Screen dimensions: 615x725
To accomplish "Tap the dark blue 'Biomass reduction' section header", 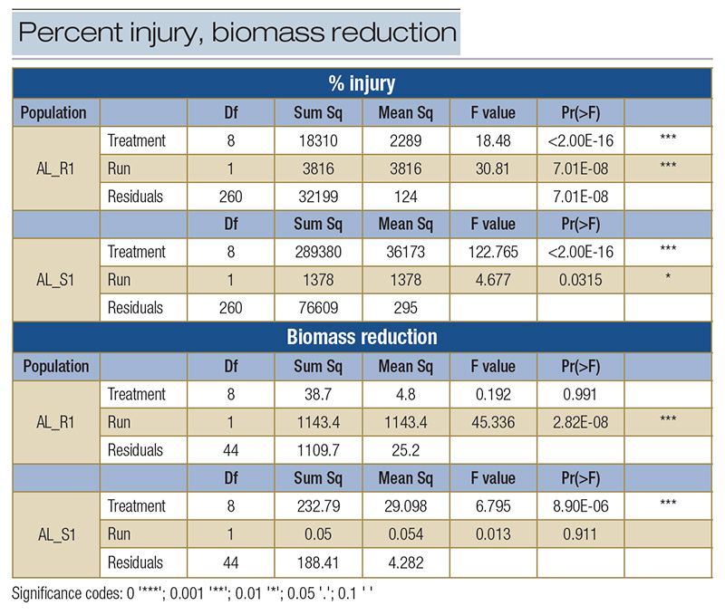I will [x=362, y=338].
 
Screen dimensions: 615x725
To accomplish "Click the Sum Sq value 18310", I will [x=319, y=140].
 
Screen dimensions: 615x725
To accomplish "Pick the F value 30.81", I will [x=493, y=168].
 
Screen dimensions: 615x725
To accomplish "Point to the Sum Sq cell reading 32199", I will [x=319, y=197].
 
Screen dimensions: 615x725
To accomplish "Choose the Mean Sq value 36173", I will [x=406, y=252].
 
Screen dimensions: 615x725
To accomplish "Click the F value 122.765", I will [x=493, y=252].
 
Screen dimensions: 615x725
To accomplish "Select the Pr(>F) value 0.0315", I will [x=580, y=280].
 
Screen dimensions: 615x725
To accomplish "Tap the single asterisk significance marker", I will [x=668, y=280].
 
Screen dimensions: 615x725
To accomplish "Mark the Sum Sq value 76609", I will [x=319, y=308].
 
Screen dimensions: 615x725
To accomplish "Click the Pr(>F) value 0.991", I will [x=580, y=394].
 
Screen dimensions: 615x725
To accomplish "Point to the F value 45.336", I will [x=493, y=422].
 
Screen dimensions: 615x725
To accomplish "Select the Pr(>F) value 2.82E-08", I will [x=580, y=422].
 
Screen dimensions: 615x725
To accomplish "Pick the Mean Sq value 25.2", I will [x=406, y=450].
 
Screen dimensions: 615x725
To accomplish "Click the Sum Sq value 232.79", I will [x=319, y=505].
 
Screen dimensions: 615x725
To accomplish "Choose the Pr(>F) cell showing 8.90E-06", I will [x=580, y=505].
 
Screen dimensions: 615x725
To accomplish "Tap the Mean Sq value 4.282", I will [x=406, y=562].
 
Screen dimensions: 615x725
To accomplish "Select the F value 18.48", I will [x=493, y=140].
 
